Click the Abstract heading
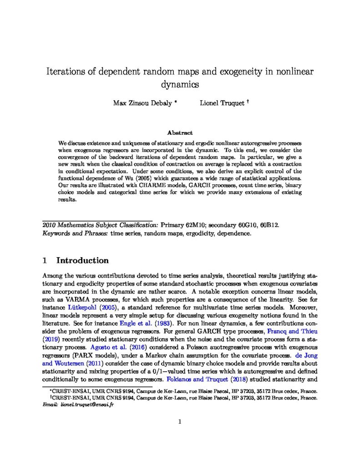(180, 133)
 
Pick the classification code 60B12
(268, 225)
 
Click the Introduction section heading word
(82, 261)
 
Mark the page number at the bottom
(180, 421)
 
